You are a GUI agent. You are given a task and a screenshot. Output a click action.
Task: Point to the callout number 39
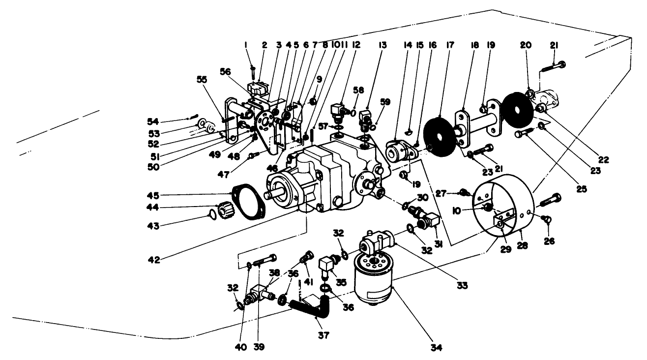(x=259, y=347)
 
